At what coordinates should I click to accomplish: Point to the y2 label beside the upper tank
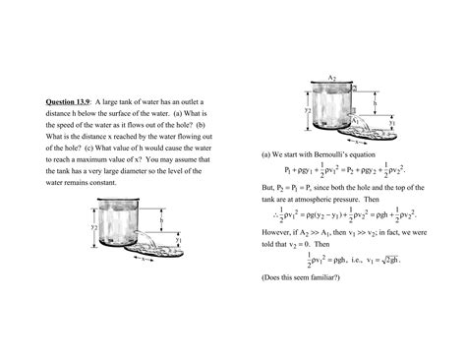coord(308,111)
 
